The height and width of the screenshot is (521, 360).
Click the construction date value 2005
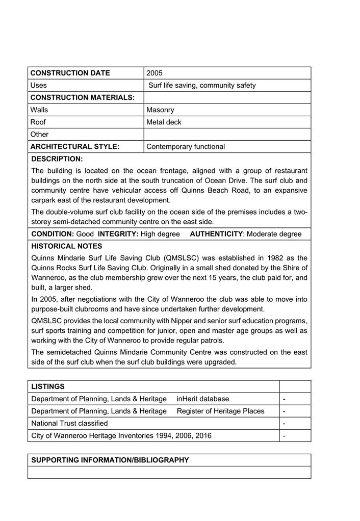pos(155,73)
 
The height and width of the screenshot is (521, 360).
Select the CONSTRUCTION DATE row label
pos(70,73)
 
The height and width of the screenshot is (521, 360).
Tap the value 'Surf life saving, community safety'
pos(202,85)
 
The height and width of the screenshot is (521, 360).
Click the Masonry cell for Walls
pos(160,110)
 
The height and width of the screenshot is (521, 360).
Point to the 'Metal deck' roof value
pos(164,122)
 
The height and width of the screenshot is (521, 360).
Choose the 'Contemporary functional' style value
pos(186,146)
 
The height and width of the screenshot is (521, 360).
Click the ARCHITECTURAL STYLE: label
pos(74,146)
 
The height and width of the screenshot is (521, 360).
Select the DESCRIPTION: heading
pos(57,159)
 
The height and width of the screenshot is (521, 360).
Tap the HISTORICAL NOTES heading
pos(66,246)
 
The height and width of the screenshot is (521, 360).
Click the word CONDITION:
pos(53,234)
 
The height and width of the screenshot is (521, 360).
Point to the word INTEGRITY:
pos(118,234)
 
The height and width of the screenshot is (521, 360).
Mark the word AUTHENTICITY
pos(216,234)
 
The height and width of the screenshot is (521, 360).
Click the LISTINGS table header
pos(48,386)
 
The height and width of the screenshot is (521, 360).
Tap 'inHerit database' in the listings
pos(203,399)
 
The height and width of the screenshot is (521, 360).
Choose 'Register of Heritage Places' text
pos(220,411)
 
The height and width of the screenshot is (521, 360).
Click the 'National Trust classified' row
pos(69,423)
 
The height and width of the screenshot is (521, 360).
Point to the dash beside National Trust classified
pos(284,423)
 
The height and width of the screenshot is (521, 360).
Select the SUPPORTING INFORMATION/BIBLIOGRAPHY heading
pos(110,460)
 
